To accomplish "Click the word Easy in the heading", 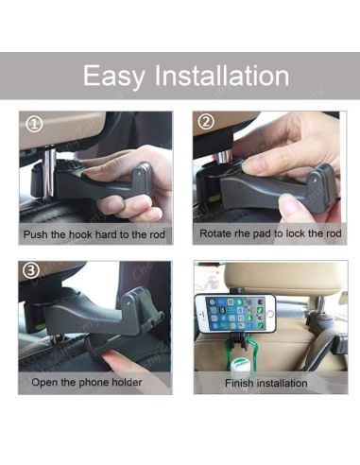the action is tap(114, 76).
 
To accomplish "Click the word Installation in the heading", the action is tap(222, 76).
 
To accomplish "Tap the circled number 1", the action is tap(34, 124).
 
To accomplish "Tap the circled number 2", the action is tap(206, 122).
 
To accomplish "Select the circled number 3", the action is tap(31, 270).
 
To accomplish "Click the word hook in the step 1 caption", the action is tap(81, 234).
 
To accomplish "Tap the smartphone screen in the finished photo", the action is tap(235, 314).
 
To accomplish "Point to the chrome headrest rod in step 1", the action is tap(49, 173).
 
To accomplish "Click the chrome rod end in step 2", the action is tap(224, 156).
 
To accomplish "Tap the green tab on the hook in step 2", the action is tap(214, 198).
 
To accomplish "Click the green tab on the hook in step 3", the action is tap(40, 327).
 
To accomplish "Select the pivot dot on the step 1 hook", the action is tap(140, 173).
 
